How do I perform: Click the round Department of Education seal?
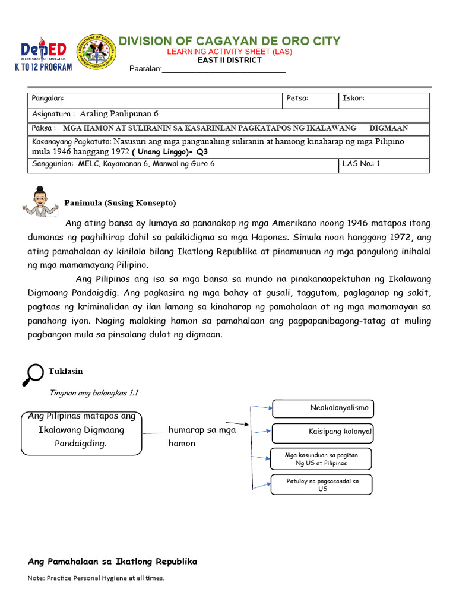click(x=97, y=54)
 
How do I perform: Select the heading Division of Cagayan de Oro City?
click(x=230, y=41)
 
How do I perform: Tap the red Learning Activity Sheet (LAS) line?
click(x=229, y=52)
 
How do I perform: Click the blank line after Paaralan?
click(x=224, y=70)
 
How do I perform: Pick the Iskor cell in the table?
click(x=384, y=99)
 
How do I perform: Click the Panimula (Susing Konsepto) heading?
click(x=120, y=203)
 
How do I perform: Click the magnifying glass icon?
click(x=33, y=373)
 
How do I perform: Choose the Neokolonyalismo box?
click(x=322, y=408)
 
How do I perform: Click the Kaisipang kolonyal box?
click(x=322, y=432)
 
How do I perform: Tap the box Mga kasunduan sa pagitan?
click(x=321, y=458)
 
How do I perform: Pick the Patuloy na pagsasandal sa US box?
click(x=321, y=484)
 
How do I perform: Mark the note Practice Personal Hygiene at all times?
click(x=96, y=578)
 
